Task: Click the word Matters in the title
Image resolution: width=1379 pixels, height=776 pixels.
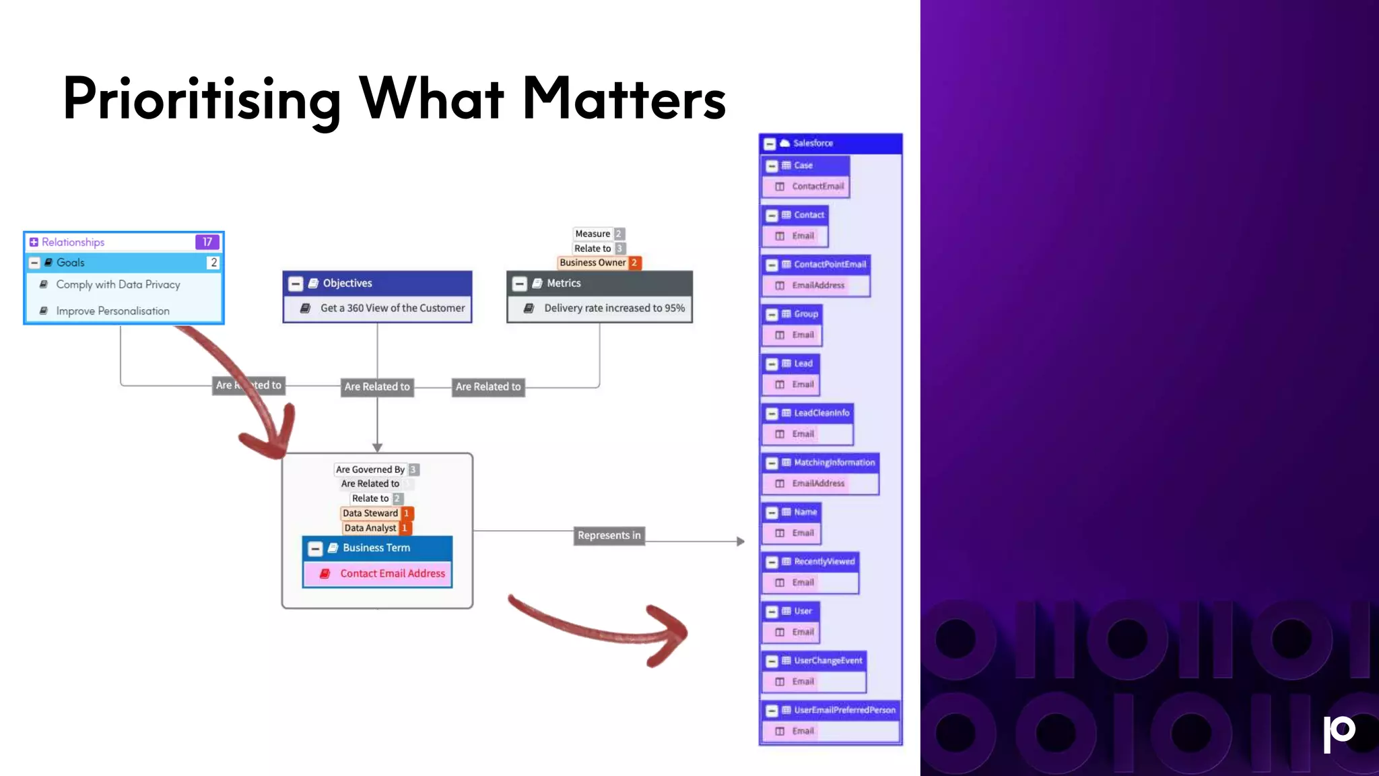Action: pyautogui.click(x=624, y=99)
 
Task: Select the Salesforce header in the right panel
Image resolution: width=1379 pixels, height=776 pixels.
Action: pyautogui.click(x=812, y=143)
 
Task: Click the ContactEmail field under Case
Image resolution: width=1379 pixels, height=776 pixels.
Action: pyautogui.click(x=817, y=186)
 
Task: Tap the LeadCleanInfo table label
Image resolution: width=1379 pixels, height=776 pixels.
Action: pyautogui.click(x=821, y=413)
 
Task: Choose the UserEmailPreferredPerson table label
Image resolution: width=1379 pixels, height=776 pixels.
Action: pyautogui.click(x=844, y=710)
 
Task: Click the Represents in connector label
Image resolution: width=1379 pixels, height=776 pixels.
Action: pyautogui.click(x=609, y=536)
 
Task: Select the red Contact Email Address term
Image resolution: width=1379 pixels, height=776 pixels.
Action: pyautogui.click(x=392, y=573)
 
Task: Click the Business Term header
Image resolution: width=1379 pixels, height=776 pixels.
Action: pyautogui.click(x=376, y=548)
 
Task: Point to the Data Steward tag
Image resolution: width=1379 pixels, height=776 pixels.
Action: pyautogui.click(x=370, y=513)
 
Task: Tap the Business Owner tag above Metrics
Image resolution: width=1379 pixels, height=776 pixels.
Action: pyautogui.click(x=593, y=263)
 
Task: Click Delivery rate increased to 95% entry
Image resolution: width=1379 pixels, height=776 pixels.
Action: pyautogui.click(x=613, y=308)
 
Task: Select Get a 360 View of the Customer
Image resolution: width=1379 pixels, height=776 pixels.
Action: pyautogui.click(x=392, y=308)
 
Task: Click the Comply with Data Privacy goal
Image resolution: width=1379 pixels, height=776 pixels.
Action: pyautogui.click(x=118, y=284)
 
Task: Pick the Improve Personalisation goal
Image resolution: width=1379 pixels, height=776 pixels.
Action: pyautogui.click(x=112, y=311)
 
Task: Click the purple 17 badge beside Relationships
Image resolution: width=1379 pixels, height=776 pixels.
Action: pyautogui.click(x=207, y=242)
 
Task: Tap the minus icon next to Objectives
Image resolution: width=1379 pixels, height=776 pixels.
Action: pyautogui.click(x=296, y=284)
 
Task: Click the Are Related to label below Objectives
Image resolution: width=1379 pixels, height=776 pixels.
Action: pyautogui.click(x=376, y=387)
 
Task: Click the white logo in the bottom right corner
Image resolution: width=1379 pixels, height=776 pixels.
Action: pyautogui.click(x=1339, y=732)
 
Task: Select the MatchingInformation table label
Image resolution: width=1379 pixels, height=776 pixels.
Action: pyautogui.click(x=834, y=463)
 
